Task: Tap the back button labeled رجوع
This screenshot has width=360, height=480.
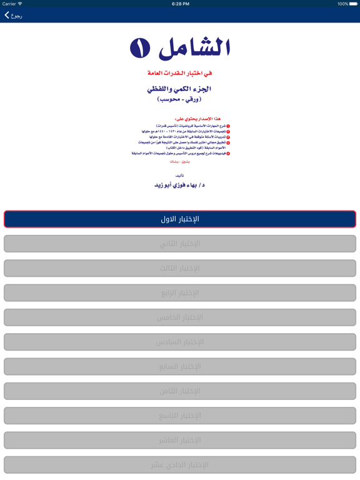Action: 13,16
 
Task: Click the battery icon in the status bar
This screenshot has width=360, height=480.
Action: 351,4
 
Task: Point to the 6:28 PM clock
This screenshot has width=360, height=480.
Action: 180,4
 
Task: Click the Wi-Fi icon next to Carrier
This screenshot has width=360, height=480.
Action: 21,4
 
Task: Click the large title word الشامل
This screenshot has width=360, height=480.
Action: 194,47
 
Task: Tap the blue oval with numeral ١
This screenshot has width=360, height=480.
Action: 140,47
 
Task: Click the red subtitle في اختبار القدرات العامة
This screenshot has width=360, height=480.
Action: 179,73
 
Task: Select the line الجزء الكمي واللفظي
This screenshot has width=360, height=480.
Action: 179,89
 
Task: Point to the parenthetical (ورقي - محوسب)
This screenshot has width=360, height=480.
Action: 179,99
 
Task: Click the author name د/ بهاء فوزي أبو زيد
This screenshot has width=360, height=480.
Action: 179,185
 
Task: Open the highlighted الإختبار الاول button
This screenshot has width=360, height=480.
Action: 180,219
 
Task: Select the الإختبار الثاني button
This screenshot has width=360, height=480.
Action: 180,244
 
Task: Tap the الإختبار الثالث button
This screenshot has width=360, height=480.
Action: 180,268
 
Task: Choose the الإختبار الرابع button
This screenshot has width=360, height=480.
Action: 180,292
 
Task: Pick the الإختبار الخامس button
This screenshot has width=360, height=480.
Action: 180,317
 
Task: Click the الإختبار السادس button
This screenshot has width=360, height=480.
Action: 180,342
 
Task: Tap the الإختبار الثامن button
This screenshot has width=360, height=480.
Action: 180,391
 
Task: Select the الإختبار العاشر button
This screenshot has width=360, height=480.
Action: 180,440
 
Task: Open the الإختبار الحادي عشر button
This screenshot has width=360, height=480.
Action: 180,464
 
